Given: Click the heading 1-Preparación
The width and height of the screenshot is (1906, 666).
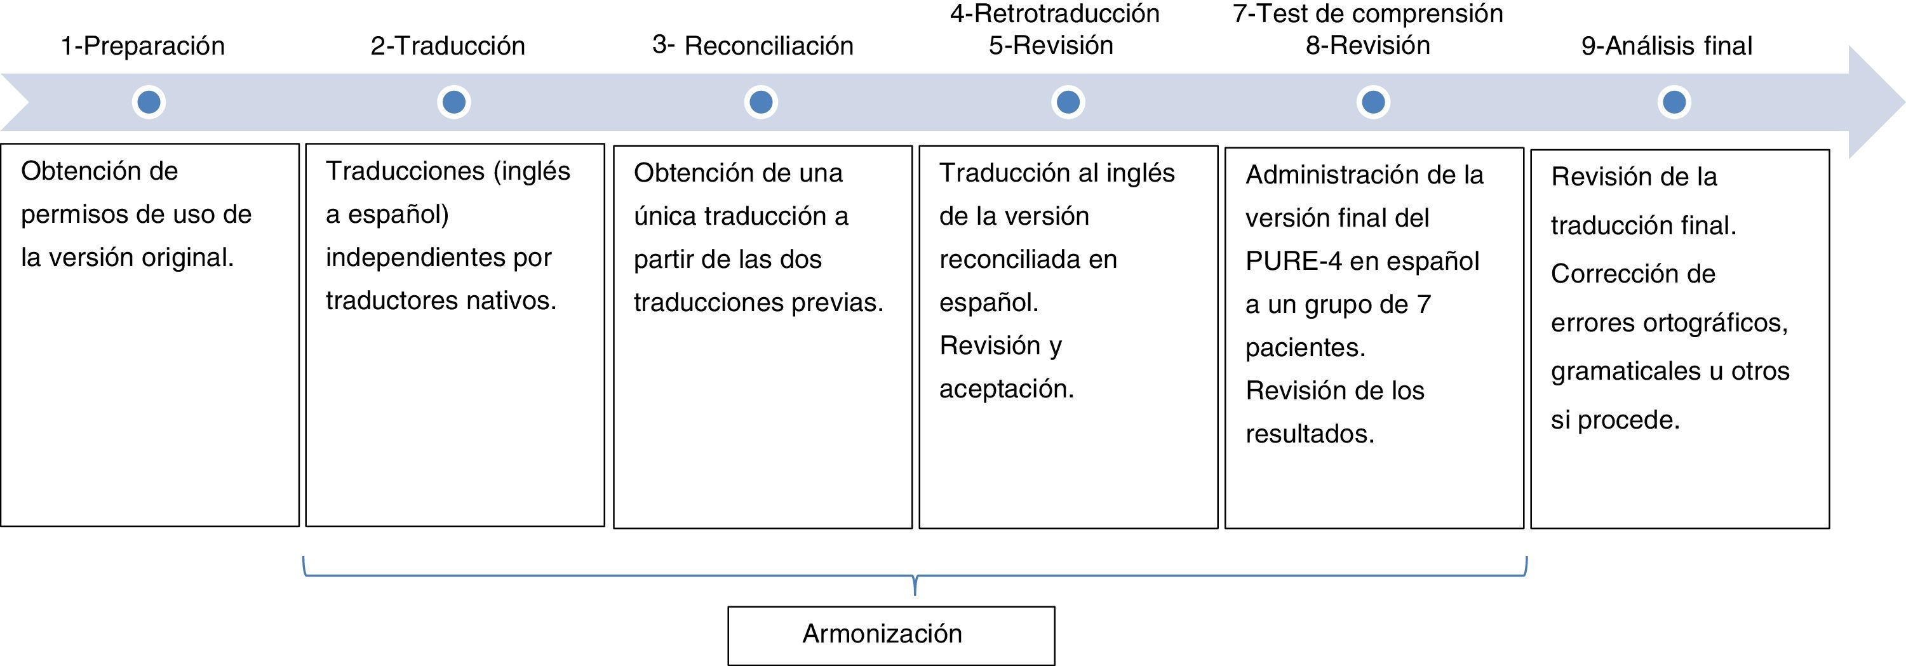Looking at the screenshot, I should pyautogui.click(x=143, y=46).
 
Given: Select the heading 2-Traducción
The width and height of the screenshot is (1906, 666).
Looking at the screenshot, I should pyautogui.click(x=448, y=46).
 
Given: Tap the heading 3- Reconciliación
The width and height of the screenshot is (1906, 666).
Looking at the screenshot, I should pyautogui.click(x=753, y=46).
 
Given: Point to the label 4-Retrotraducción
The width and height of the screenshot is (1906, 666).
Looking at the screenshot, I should pyautogui.click(x=1054, y=14).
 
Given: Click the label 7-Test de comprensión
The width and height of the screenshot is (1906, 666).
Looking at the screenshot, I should pyautogui.click(x=1367, y=14).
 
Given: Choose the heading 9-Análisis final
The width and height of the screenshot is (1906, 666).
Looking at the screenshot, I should pyautogui.click(x=1667, y=46).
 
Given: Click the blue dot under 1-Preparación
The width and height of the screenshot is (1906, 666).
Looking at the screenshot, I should pyautogui.click(x=149, y=102).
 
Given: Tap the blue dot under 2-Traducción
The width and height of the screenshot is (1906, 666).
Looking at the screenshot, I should pyautogui.click(x=453, y=102).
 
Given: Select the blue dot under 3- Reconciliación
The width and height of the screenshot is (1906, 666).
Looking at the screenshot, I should pyautogui.click(x=761, y=102).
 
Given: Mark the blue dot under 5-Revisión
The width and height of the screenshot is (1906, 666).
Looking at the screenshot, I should pyautogui.click(x=1068, y=102).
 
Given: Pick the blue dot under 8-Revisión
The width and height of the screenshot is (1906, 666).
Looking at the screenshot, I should pyautogui.click(x=1373, y=102).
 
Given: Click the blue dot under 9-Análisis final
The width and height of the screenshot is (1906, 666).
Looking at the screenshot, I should pyautogui.click(x=1674, y=102).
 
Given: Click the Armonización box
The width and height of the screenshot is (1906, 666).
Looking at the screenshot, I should pyautogui.click(x=891, y=635).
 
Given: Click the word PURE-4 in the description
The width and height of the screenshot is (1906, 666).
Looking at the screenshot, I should pyautogui.click(x=1292, y=261).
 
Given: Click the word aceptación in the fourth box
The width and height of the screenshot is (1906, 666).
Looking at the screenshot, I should pyautogui.click(x=1006, y=389).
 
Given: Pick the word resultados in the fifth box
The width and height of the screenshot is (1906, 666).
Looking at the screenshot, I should pyautogui.click(x=1310, y=434).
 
